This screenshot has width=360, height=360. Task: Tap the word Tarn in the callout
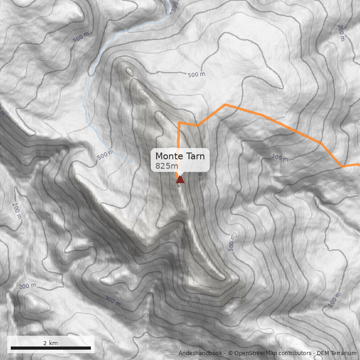tap(194, 157)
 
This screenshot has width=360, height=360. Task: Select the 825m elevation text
tap(166, 166)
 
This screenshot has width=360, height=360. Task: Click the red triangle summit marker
tap(180, 180)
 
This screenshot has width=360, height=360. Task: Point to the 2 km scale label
tap(50, 343)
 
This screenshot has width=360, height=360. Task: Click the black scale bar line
tap(50, 348)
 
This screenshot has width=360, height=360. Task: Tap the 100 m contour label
tap(335, 300)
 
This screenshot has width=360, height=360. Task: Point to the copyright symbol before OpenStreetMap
tap(230, 353)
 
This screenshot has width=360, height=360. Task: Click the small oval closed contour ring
tap(130, 71)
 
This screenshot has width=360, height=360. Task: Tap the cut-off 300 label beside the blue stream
tap(175, 6)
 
